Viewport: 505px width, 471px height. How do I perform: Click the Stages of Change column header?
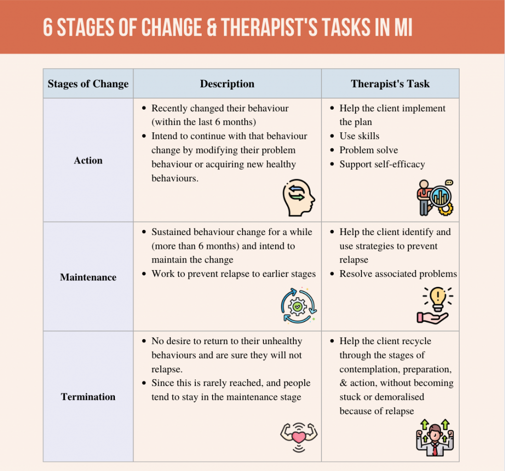click(x=88, y=83)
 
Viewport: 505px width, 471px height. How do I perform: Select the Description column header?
click(x=227, y=83)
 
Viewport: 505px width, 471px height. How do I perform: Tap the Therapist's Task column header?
click(x=390, y=83)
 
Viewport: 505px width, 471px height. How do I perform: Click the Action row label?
click(x=88, y=160)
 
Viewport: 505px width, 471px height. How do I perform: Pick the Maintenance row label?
click(x=88, y=277)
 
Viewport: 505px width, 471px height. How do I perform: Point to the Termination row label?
click(x=88, y=396)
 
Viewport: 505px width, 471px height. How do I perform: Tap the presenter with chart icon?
click(x=435, y=197)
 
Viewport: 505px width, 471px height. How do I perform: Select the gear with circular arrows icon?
click(x=297, y=306)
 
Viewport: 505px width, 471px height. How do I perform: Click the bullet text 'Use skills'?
click(x=360, y=136)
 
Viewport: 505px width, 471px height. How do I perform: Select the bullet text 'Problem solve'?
click(x=368, y=150)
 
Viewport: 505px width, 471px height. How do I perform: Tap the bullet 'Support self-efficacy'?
click(x=382, y=164)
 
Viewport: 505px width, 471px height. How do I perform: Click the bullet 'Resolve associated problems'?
click(x=398, y=274)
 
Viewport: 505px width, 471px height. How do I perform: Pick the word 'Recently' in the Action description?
click(x=171, y=108)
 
